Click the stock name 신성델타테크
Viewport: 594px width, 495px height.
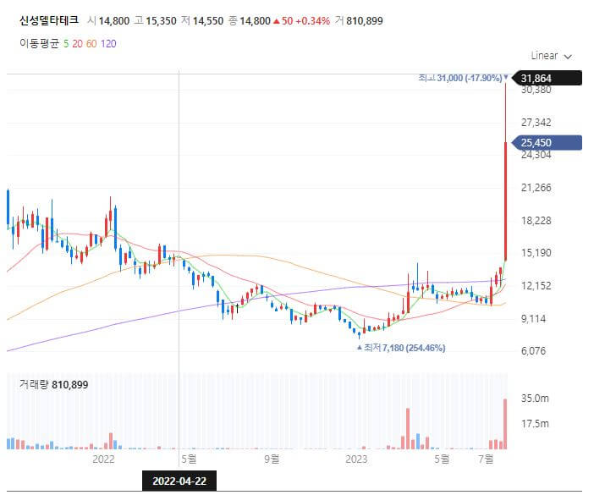tap(49, 20)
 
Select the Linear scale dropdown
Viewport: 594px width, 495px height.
tap(551, 56)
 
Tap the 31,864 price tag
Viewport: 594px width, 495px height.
tap(543, 79)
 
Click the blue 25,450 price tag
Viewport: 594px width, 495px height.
tap(543, 142)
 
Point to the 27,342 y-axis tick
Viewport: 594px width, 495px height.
tap(536, 123)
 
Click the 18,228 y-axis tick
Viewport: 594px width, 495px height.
tap(536, 220)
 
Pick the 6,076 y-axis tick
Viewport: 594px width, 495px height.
tap(535, 351)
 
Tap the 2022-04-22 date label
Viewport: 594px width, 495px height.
tap(179, 481)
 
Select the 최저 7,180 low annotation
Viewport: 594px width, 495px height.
tap(403, 348)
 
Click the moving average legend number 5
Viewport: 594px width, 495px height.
tap(67, 43)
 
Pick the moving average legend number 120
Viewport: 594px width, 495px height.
tap(108, 43)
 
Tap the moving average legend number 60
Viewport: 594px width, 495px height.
tap(92, 43)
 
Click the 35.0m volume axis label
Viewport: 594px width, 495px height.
tap(535, 398)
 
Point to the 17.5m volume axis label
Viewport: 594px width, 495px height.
tap(535, 423)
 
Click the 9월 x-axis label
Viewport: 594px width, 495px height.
tap(272, 459)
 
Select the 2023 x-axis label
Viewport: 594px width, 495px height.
tap(357, 459)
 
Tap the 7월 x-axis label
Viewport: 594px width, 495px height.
tap(486, 459)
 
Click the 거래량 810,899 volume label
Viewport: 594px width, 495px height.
tap(53, 385)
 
